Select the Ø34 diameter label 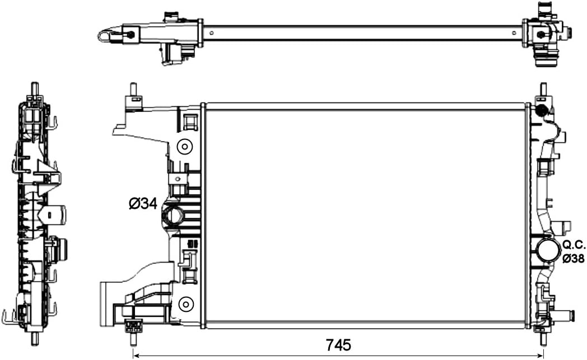[x=143, y=204]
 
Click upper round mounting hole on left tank [x=184, y=147]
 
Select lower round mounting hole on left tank [x=184, y=304]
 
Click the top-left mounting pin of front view [x=134, y=90]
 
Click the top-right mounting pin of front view [x=542, y=89]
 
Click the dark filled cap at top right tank [x=542, y=111]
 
